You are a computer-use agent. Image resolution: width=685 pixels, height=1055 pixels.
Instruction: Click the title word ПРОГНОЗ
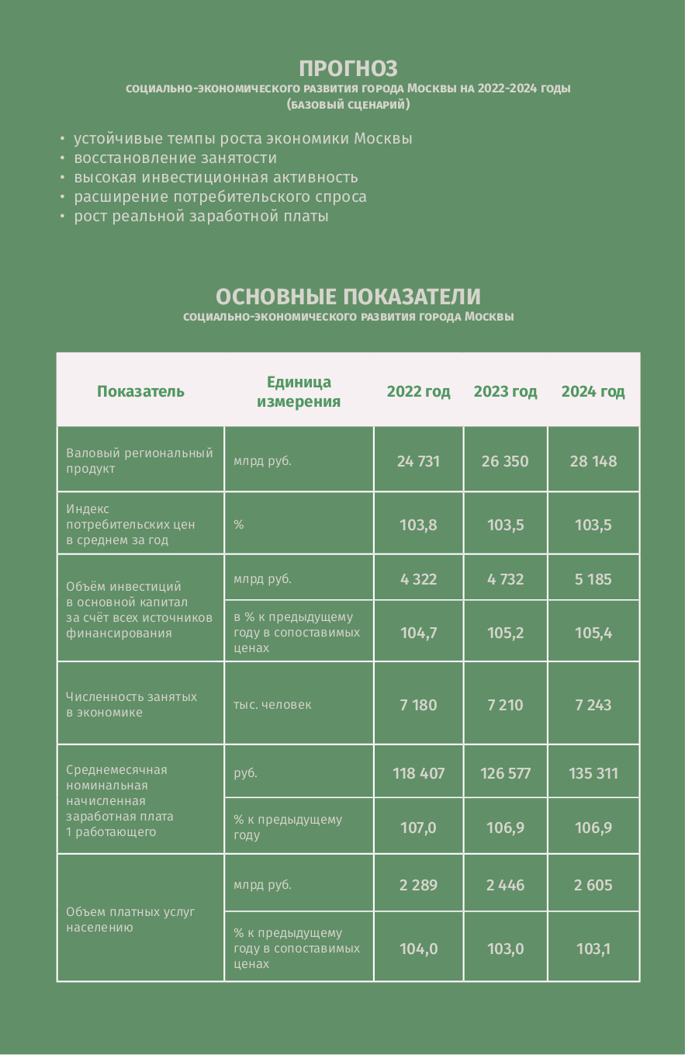click(x=348, y=68)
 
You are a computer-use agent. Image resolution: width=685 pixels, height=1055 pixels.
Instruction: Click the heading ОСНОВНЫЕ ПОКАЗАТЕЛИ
click(x=348, y=297)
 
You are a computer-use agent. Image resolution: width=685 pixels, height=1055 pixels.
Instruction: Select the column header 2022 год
click(x=418, y=391)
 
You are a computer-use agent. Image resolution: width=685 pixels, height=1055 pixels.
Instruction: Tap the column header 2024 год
click(x=593, y=391)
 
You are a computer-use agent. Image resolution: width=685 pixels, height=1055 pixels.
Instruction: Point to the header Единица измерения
click(x=299, y=391)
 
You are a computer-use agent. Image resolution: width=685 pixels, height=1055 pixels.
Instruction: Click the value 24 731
click(x=418, y=461)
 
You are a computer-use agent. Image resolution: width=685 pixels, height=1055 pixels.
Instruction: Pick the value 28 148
click(x=593, y=461)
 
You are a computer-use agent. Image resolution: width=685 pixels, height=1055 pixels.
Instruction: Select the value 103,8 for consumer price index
click(x=418, y=525)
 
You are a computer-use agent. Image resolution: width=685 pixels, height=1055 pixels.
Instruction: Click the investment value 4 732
click(x=505, y=579)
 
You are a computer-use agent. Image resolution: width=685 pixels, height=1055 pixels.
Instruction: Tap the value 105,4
click(x=593, y=633)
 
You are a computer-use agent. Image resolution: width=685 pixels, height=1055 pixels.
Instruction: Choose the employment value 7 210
click(x=505, y=705)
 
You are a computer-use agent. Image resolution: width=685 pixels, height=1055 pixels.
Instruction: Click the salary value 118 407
click(x=418, y=773)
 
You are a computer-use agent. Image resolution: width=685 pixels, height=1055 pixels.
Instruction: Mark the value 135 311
click(x=593, y=773)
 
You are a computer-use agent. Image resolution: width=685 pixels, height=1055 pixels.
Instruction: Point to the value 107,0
click(x=418, y=828)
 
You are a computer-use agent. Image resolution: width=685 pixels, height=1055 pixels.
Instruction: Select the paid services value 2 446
click(x=505, y=885)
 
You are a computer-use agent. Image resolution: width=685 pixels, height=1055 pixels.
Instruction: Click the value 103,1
click(x=593, y=949)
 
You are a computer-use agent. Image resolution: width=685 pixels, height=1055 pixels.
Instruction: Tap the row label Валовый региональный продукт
click(x=139, y=460)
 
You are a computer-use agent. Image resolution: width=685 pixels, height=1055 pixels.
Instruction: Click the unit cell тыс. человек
click(x=272, y=705)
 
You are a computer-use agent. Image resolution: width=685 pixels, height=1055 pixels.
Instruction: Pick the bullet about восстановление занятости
click(x=175, y=158)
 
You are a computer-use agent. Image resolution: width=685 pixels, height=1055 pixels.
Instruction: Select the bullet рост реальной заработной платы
click(x=201, y=217)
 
